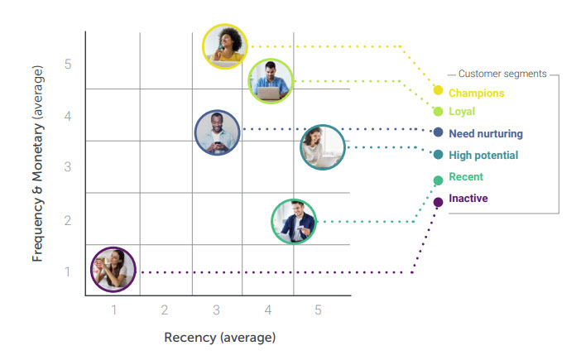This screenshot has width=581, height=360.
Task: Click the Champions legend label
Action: point(476,94)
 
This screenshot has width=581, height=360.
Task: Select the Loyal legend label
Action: point(462,112)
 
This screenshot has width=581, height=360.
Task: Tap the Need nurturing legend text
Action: point(485,133)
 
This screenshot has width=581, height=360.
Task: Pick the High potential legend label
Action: point(483,156)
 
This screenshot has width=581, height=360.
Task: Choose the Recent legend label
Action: point(465,177)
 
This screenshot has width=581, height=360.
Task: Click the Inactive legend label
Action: point(468,199)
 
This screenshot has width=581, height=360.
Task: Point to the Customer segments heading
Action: point(502,74)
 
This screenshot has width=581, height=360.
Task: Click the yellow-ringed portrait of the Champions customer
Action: point(225,46)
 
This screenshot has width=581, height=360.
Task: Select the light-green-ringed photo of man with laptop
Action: point(271,81)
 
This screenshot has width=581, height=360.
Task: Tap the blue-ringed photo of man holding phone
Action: point(218,132)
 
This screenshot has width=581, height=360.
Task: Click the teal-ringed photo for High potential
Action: point(322,148)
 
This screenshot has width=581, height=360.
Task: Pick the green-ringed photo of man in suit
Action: point(294,221)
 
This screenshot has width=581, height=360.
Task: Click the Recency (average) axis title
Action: point(219,337)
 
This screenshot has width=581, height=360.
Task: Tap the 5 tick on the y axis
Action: point(69,64)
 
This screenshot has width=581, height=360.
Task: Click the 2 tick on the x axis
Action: point(165,310)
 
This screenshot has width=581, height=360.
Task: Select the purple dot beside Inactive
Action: point(438,202)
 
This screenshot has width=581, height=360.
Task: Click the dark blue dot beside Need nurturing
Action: point(438,132)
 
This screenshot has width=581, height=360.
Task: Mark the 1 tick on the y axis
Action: point(69,271)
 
